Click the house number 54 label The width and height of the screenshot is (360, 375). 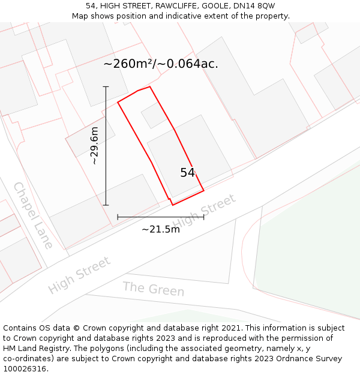[187, 173]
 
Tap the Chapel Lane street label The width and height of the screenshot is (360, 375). [32, 215]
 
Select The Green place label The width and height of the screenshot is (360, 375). [153, 289]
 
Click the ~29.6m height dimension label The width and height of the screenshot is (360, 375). [94, 146]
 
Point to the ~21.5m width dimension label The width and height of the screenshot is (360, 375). [160, 229]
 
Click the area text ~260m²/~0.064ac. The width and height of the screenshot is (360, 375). [161, 64]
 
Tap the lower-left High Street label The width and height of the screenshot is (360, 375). [79, 275]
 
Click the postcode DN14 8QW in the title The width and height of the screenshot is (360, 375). [255, 5]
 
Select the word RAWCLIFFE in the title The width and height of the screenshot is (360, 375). [173, 5]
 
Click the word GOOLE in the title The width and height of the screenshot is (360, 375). [215, 5]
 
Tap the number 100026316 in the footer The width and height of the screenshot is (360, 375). [24, 369]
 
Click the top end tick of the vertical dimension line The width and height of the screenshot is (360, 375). [106, 87]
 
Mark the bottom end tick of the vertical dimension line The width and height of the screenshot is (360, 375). [106, 205]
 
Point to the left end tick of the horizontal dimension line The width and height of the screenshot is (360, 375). [118, 217]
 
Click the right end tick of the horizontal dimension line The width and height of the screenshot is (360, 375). [204, 217]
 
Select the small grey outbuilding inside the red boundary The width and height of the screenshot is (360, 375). [154, 115]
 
